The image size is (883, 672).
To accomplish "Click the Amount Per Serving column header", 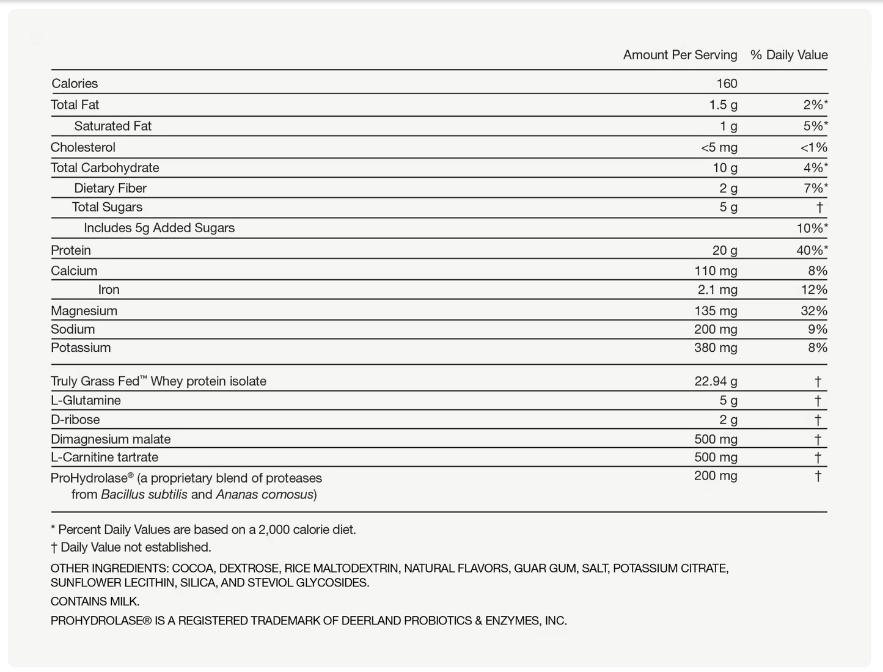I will click(x=680, y=55).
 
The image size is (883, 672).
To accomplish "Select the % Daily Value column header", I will click(x=788, y=55).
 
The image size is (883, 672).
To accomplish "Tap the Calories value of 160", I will click(x=727, y=84).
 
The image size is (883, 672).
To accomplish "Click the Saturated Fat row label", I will click(x=112, y=126).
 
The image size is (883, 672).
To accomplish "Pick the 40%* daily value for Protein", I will click(x=808, y=250).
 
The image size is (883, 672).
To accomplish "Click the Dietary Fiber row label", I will click(x=110, y=188).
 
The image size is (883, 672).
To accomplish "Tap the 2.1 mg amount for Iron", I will click(x=717, y=290).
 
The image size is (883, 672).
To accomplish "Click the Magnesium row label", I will click(x=84, y=311).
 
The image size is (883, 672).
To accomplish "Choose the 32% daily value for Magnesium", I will click(x=813, y=311).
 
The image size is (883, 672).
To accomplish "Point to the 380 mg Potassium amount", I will click(x=716, y=348).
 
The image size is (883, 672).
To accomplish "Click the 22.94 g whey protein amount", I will click(x=716, y=381).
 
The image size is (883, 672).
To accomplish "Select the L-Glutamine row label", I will click(x=86, y=401).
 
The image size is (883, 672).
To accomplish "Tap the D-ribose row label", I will click(x=75, y=420).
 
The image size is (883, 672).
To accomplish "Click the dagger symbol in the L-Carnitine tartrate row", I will click(x=818, y=458).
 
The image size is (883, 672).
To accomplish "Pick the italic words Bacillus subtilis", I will click(x=144, y=495).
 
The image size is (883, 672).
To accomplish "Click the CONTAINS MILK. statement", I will click(x=95, y=602).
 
